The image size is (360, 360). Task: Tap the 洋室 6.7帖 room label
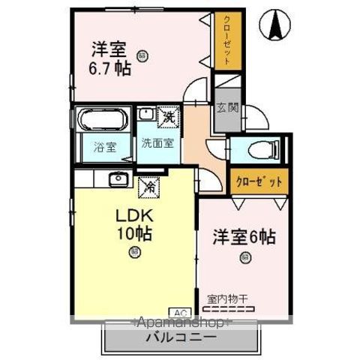pyautogui.click(x=111, y=59)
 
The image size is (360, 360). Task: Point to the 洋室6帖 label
pyautogui.click(x=244, y=238)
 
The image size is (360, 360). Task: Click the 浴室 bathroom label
pyautogui.click(x=105, y=148)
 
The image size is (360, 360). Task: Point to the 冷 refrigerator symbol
pyautogui.click(x=149, y=185)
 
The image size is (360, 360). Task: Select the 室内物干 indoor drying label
pyautogui.click(x=229, y=298)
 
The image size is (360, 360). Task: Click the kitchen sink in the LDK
pyautogui.click(x=117, y=178)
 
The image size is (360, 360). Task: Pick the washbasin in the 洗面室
pyautogui.click(x=147, y=115)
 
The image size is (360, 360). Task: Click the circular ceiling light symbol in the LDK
pyautogui.click(x=133, y=252)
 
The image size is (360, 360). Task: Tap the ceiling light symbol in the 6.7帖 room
pyautogui.click(x=142, y=54)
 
